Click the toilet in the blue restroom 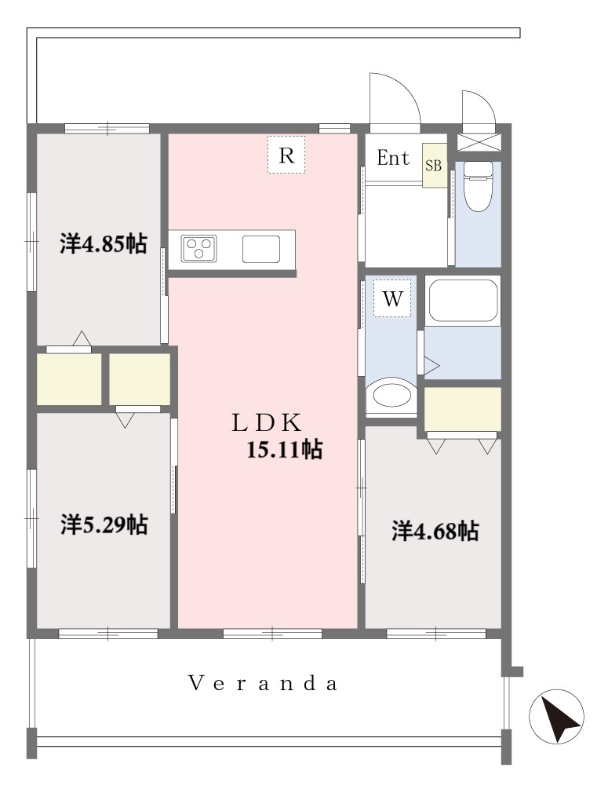(478, 187)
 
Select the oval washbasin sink (391, 396)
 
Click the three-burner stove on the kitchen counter (198, 249)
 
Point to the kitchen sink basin (261, 249)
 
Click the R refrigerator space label (286, 155)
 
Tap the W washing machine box (392, 298)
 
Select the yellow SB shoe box (434, 165)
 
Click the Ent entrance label (393, 158)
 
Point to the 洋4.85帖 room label (104, 244)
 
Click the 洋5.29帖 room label (104, 524)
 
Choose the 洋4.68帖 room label (435, 531)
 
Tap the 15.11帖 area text (285, 449)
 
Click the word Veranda (264, 684)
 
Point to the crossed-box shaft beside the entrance (478, 142)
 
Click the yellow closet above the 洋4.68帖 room (463, 409)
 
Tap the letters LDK (266, 423)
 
